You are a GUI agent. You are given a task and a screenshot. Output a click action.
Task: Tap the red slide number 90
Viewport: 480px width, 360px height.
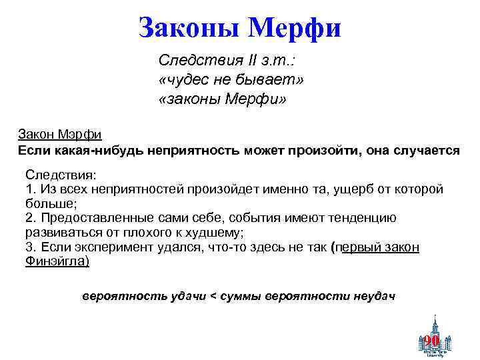(x=431, y=341)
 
